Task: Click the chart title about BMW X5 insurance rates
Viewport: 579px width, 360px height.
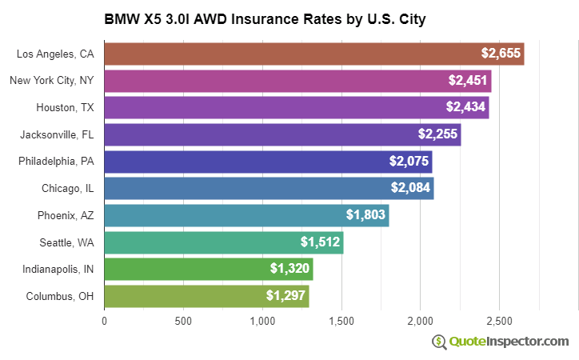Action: tap(265, 18)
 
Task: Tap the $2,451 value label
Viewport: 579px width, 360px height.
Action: tap(466, 81)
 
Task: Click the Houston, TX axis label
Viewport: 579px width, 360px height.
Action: tap(65, 108)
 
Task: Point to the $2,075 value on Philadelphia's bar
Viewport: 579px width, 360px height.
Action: tap(408, 162)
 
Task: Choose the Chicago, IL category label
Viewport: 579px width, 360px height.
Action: tap(68, 189)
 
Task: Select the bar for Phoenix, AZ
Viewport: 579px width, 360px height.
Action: tap(246, 215)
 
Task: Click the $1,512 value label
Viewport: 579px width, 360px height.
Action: tap(320, 242)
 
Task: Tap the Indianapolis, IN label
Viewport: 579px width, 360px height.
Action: tap(58, 270)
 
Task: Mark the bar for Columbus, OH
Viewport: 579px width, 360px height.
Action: tap(206, 296)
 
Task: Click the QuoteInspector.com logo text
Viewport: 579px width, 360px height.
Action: tap(509, 342)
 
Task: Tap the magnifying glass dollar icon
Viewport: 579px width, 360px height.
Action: tap(439, 342)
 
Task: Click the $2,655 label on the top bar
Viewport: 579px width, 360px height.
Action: tap(501, 54)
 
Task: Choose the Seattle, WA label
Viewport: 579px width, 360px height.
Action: tap(66, 242)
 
